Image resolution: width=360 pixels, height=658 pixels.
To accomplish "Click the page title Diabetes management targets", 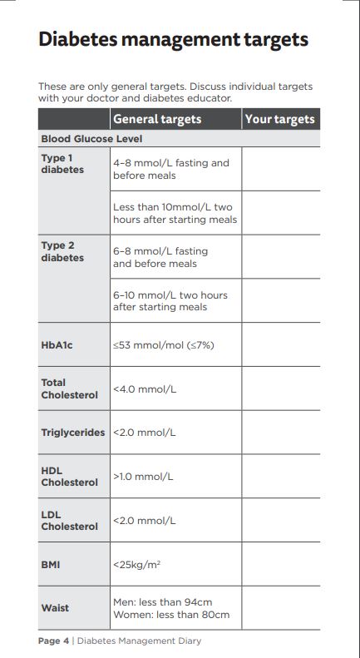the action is [x=173, y=39].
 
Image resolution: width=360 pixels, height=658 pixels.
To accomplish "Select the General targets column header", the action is [x=157, y=119].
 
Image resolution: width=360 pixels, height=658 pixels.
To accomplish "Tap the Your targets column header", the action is [x=280, y=119].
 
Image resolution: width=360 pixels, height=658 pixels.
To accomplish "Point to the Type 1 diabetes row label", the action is [x=62, y=164].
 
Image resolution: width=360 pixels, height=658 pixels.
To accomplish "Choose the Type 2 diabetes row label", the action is [x=62, y=251].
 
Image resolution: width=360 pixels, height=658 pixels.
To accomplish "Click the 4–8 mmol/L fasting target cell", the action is [x=171, y=169].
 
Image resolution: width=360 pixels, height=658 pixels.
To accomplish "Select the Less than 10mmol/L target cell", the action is [x=175, y=213].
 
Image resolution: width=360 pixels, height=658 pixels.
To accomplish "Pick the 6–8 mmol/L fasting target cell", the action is [x=160, y=257].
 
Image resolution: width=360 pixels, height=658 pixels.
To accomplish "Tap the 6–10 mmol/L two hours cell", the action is [x=170, y=300].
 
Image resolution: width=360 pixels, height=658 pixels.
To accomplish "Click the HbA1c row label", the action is [x=57, y=344].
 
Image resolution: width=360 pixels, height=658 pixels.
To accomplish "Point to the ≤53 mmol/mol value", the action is [x=164, y=344].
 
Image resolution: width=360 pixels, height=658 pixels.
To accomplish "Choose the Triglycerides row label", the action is [x=73, y=433].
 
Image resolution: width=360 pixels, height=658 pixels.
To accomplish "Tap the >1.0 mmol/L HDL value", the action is [x=143, y=477].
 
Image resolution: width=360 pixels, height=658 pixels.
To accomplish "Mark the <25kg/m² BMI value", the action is [x=137, y=564].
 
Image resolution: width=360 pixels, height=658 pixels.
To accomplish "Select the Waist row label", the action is [x=55, y=608].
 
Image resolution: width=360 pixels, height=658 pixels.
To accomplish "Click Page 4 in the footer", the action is [x=54, y=641].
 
